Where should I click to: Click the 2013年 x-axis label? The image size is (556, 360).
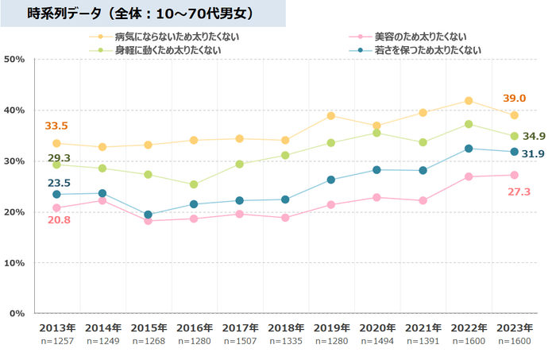coord(56,327)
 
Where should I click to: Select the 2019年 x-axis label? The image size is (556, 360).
coord(331,327)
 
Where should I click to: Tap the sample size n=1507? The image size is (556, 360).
coord(240,340)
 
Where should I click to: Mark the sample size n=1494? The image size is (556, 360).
coord(377,340)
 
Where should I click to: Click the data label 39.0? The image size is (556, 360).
coord(514,99)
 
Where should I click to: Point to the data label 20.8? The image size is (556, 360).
coord(57,220)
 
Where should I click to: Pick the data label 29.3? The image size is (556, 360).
coord(58,157)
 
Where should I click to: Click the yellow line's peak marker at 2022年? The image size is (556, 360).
coord(469,101)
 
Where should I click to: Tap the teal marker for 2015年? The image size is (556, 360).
coord(148,215)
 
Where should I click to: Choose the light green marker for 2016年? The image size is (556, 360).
coord(194,184)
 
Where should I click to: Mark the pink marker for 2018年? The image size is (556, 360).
coord(285,218)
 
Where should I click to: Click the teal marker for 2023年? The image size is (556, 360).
coord(514,152)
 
